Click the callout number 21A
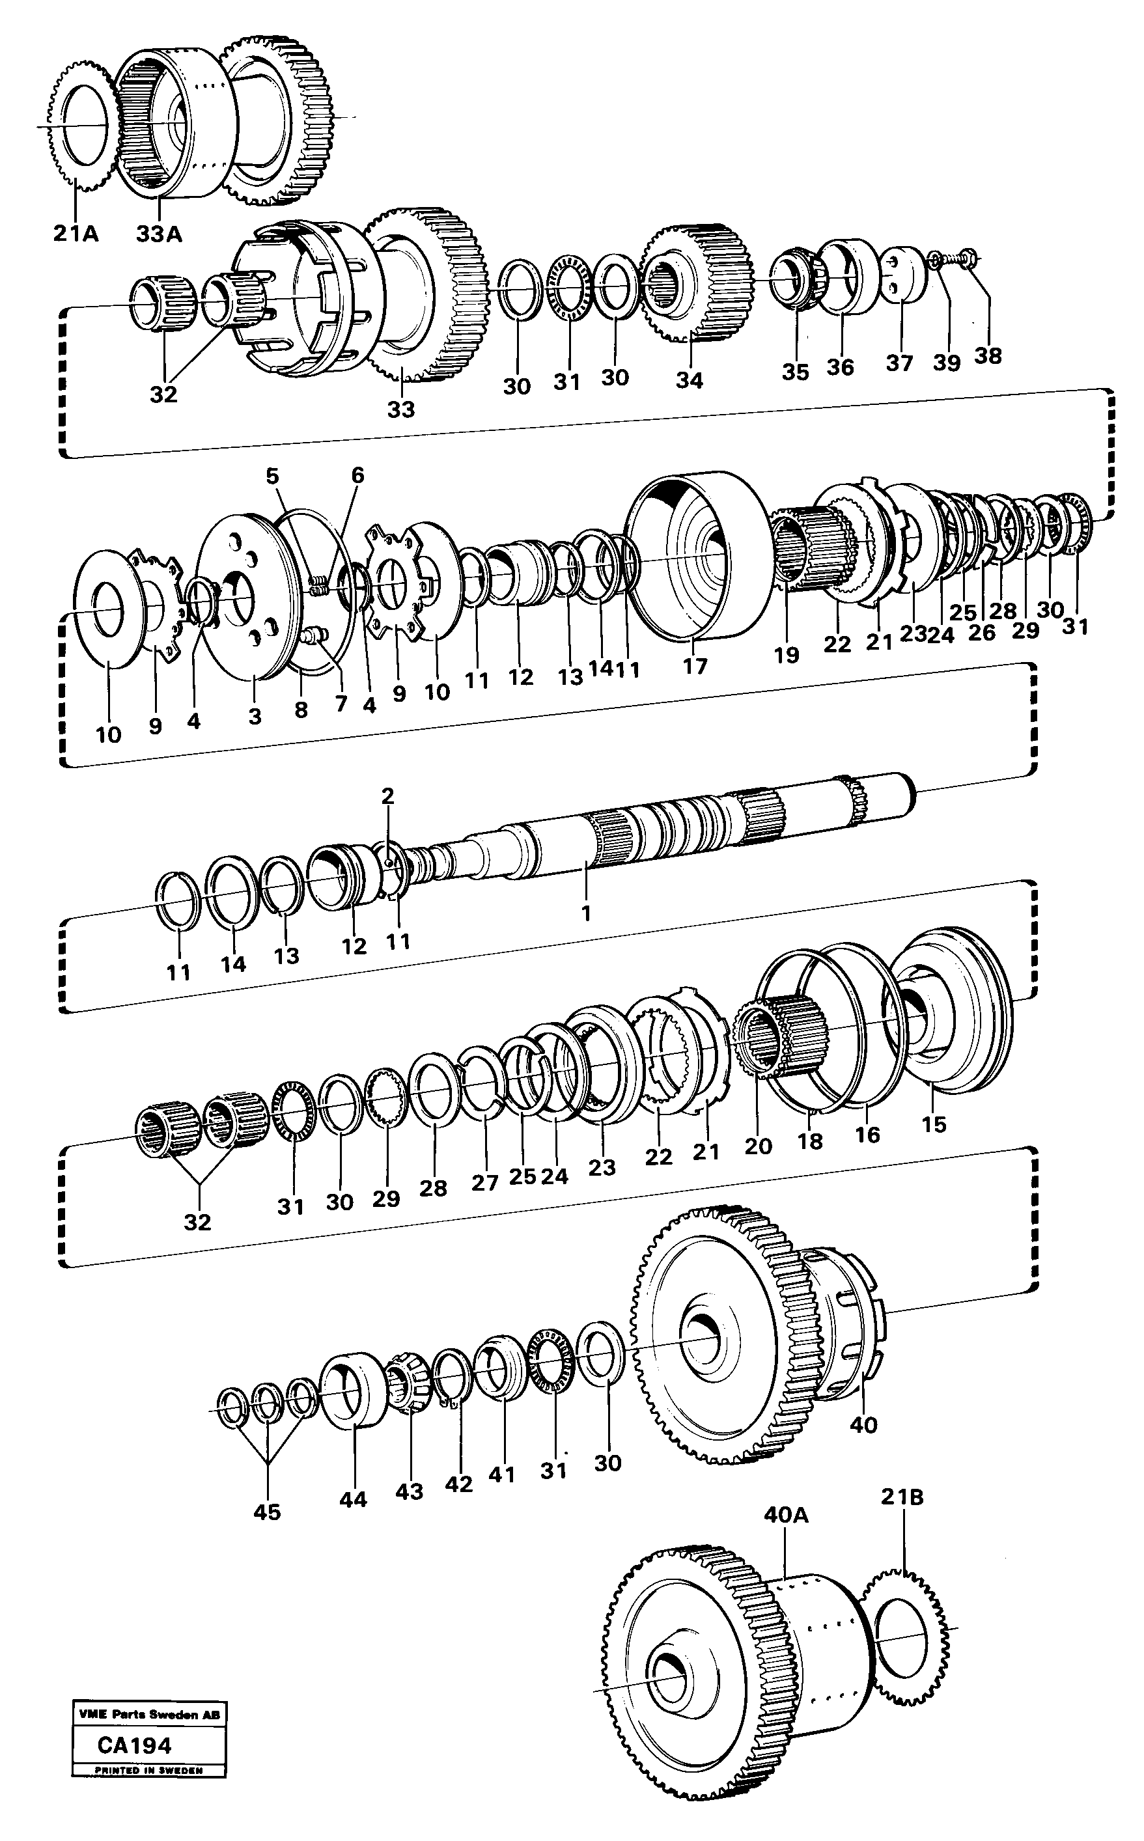pos(75,234)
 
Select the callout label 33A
pos(159,234)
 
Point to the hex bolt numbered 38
pos(966,260)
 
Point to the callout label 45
pos(267,1512)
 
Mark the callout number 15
pos(934,1125)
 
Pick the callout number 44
pos(353,1500)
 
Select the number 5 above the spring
pos(272,476)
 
